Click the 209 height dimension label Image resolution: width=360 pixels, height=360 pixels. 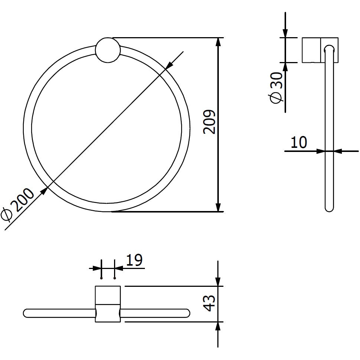pos(210,122)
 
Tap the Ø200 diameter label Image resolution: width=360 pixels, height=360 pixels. pos(17,205)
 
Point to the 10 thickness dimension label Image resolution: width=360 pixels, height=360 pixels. pos(299,142)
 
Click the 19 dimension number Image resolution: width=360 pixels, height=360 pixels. pos(134,260)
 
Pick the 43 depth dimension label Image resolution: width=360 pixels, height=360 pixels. pos(210,303)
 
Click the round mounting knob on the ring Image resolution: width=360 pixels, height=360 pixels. pos(108,50)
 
